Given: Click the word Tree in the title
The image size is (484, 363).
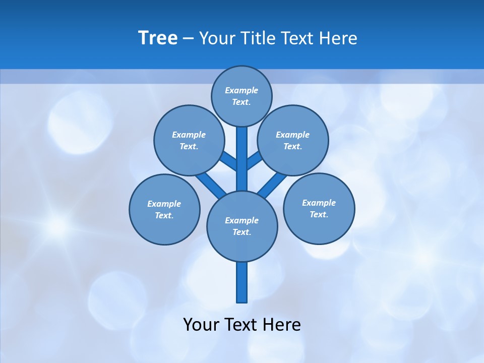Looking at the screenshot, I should pyautogui.click(x=158, y=38).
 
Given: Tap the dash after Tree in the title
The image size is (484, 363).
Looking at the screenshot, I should pyautogui.click(x=188, y=39).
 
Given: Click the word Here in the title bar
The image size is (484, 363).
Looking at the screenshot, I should pyautogui.click(x=338, y=38).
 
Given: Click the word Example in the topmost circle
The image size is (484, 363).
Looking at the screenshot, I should pyautogui.click(x=241, y=91).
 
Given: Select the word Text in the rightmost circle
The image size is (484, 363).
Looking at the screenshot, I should pyautogui.click(x=318, y=215).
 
